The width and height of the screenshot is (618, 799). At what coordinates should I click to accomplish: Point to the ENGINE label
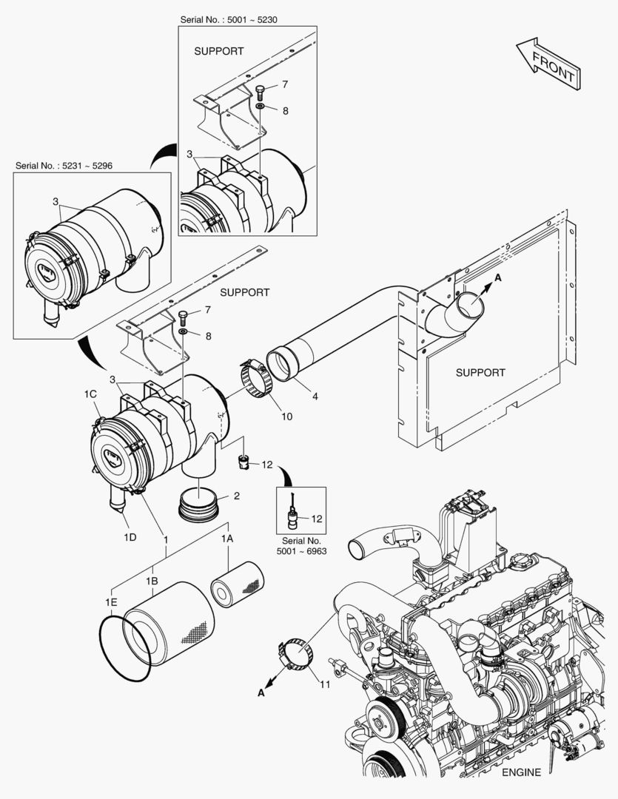521,772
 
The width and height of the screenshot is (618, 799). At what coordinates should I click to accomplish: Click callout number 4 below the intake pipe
315,397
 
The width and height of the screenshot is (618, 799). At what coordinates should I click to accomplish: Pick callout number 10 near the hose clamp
286,417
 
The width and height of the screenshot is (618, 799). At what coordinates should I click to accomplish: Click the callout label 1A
227,540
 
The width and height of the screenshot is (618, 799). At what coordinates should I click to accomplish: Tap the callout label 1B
152,582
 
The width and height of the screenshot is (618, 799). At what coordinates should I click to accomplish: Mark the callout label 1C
91,395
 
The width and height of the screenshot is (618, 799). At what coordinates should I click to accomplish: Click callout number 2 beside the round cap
237,495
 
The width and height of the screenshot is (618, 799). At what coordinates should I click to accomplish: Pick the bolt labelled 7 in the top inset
261,93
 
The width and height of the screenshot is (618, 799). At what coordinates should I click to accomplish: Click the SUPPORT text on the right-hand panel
480,372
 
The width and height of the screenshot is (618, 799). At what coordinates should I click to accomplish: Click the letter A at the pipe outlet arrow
497,277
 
